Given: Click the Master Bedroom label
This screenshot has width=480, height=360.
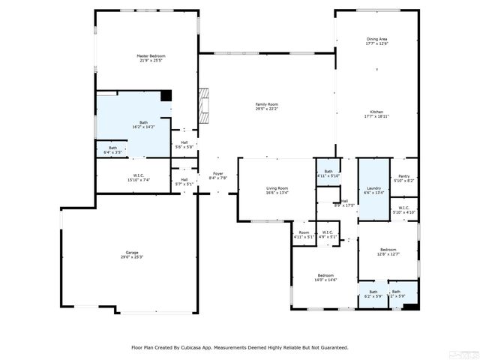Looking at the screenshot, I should [x=151, y=58].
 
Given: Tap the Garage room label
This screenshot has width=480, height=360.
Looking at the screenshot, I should [x=132, y=255].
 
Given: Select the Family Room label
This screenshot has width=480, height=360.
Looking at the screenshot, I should [x=267, y=106].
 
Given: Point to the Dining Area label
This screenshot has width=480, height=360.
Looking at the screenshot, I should [x=377, y=41].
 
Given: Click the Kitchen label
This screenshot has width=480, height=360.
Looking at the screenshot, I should [x=376, y=114].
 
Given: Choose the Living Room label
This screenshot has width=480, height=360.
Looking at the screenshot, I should [x=277, y=190].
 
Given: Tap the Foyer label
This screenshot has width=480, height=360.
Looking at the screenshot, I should [x=217, y=176].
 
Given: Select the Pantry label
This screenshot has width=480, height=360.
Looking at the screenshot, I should [x=403, y=178].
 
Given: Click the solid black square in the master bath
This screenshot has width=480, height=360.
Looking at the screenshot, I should [x=166, y=95].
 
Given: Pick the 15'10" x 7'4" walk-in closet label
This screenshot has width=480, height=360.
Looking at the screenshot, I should [x=139, y=178].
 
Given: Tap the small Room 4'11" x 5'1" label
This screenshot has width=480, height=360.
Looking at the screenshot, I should [x=304, y=235].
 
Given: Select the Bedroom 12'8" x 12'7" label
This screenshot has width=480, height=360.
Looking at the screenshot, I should [x=388, y=251].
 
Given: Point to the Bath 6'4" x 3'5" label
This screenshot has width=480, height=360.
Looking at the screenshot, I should [x=112, y=150].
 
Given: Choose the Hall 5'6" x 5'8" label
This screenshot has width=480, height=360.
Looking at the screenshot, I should [x=184, y=145].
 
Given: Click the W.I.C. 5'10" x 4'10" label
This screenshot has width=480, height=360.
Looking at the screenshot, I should [x=403, y=210].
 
